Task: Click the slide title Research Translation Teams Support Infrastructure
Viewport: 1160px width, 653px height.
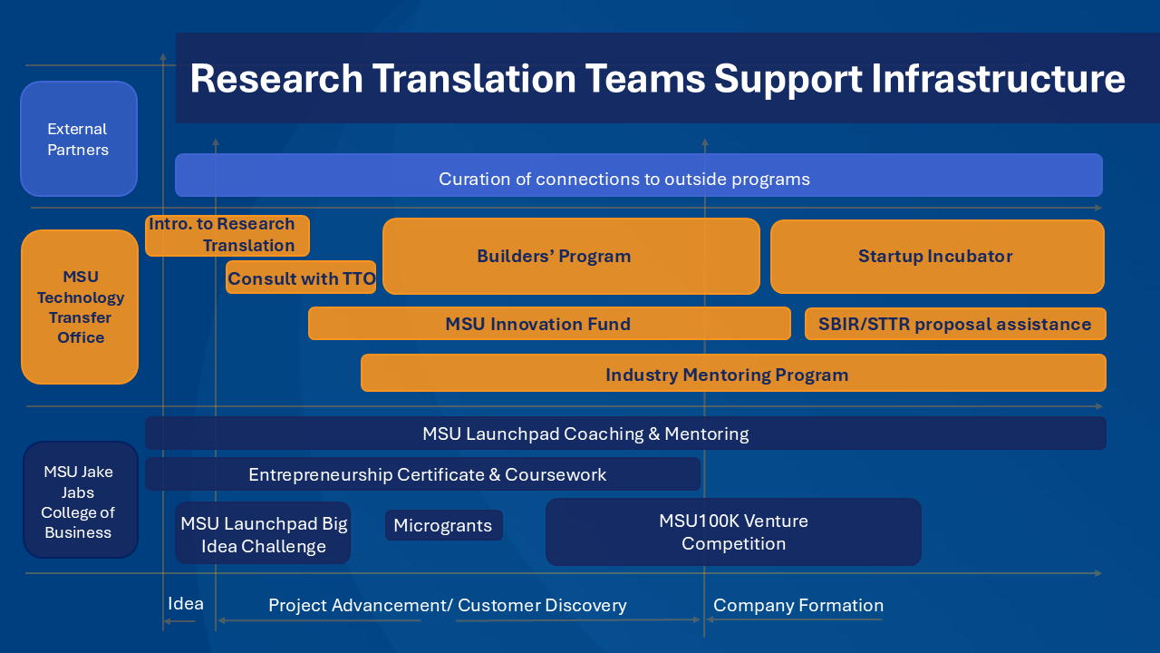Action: tap(657, 79)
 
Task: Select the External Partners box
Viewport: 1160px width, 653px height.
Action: tap(79, 139)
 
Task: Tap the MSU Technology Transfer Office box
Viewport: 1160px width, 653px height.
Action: tap(80, 307)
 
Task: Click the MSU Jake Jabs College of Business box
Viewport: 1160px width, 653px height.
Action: tap(80, 501)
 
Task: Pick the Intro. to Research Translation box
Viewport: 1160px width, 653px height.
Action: tap(227, 235)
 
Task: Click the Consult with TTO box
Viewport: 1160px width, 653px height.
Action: tap(301, 278)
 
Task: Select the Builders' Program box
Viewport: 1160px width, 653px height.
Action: tap(571, 256)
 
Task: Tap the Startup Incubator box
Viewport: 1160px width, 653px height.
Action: tap(936, 256)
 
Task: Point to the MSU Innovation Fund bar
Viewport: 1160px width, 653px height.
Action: tap(548, 324)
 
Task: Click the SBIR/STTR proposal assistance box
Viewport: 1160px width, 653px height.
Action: tap(955, 324)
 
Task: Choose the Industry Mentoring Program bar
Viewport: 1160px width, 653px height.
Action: tap(732, 374)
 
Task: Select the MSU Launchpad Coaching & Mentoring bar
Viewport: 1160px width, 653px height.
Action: tap(625, 434)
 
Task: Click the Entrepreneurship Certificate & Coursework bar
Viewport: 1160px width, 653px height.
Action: tap(422, 474)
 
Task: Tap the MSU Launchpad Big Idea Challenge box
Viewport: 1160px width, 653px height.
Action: tap(263, 534)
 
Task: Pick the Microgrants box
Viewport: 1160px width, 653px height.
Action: tap(443, 525)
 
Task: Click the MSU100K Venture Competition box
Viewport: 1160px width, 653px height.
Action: tap(733, 531)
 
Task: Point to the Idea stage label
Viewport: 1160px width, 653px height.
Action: tap(186, 604)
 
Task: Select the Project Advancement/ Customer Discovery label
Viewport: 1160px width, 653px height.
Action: tap(448, 605)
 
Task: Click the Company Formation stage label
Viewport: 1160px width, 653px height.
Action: tap(798, 605)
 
